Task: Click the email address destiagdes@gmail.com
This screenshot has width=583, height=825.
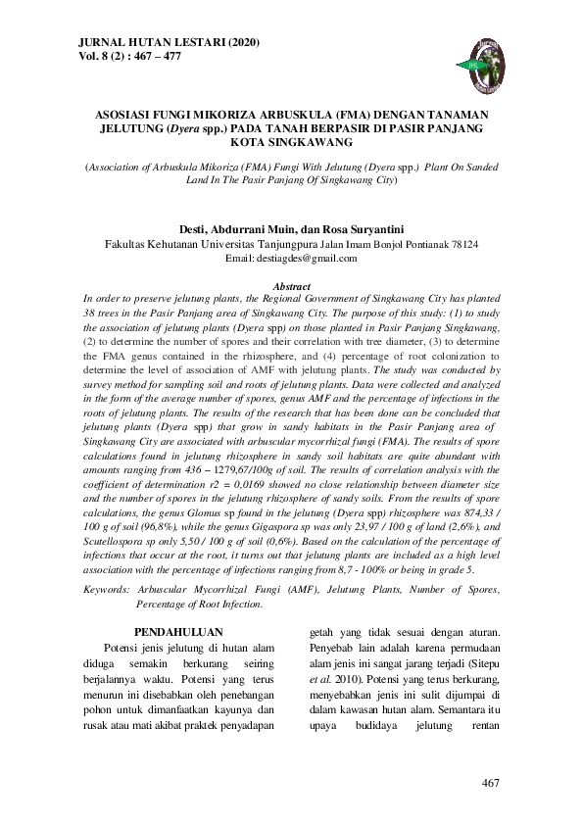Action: pos(303,259)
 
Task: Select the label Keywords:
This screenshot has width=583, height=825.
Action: pos(106,589)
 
